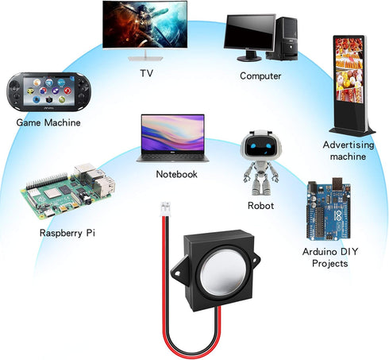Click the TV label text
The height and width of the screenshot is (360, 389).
146,73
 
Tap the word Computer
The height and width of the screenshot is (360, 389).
260,76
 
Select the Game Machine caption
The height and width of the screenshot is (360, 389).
48,122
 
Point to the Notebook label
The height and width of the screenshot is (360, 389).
176,174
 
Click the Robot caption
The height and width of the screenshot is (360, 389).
260,206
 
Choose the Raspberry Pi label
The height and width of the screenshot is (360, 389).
67,233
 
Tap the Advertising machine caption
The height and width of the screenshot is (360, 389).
349,150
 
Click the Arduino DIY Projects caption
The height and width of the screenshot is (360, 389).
330,257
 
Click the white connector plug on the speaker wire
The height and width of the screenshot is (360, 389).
165,209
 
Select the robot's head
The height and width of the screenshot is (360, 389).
260,145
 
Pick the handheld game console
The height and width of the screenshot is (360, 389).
49,91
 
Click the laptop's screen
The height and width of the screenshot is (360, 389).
173,133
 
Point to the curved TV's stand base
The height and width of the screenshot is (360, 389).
145,58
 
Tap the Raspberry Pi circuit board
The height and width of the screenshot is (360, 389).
68,192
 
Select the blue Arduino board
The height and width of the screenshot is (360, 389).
329,210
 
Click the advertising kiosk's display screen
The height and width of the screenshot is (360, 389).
349,70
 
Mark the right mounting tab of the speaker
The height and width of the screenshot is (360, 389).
255,259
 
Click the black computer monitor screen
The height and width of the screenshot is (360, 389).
250,32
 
